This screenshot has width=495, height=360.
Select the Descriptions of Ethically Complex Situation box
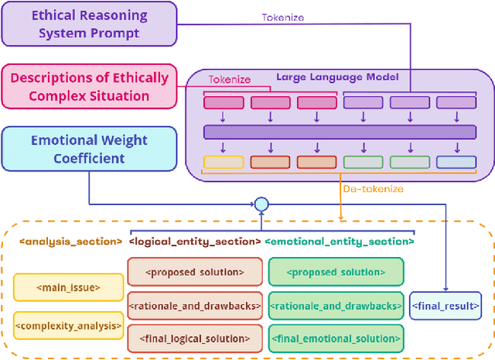[x=89, y=86]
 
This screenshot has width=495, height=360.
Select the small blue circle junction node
[x=261, y=204]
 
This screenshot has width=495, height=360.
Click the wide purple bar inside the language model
[x=339, y=132]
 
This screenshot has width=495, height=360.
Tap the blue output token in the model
[x=456, y=163]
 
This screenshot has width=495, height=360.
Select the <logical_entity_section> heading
[x=194, y=242]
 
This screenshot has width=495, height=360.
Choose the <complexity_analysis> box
[x=68, y=325]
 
